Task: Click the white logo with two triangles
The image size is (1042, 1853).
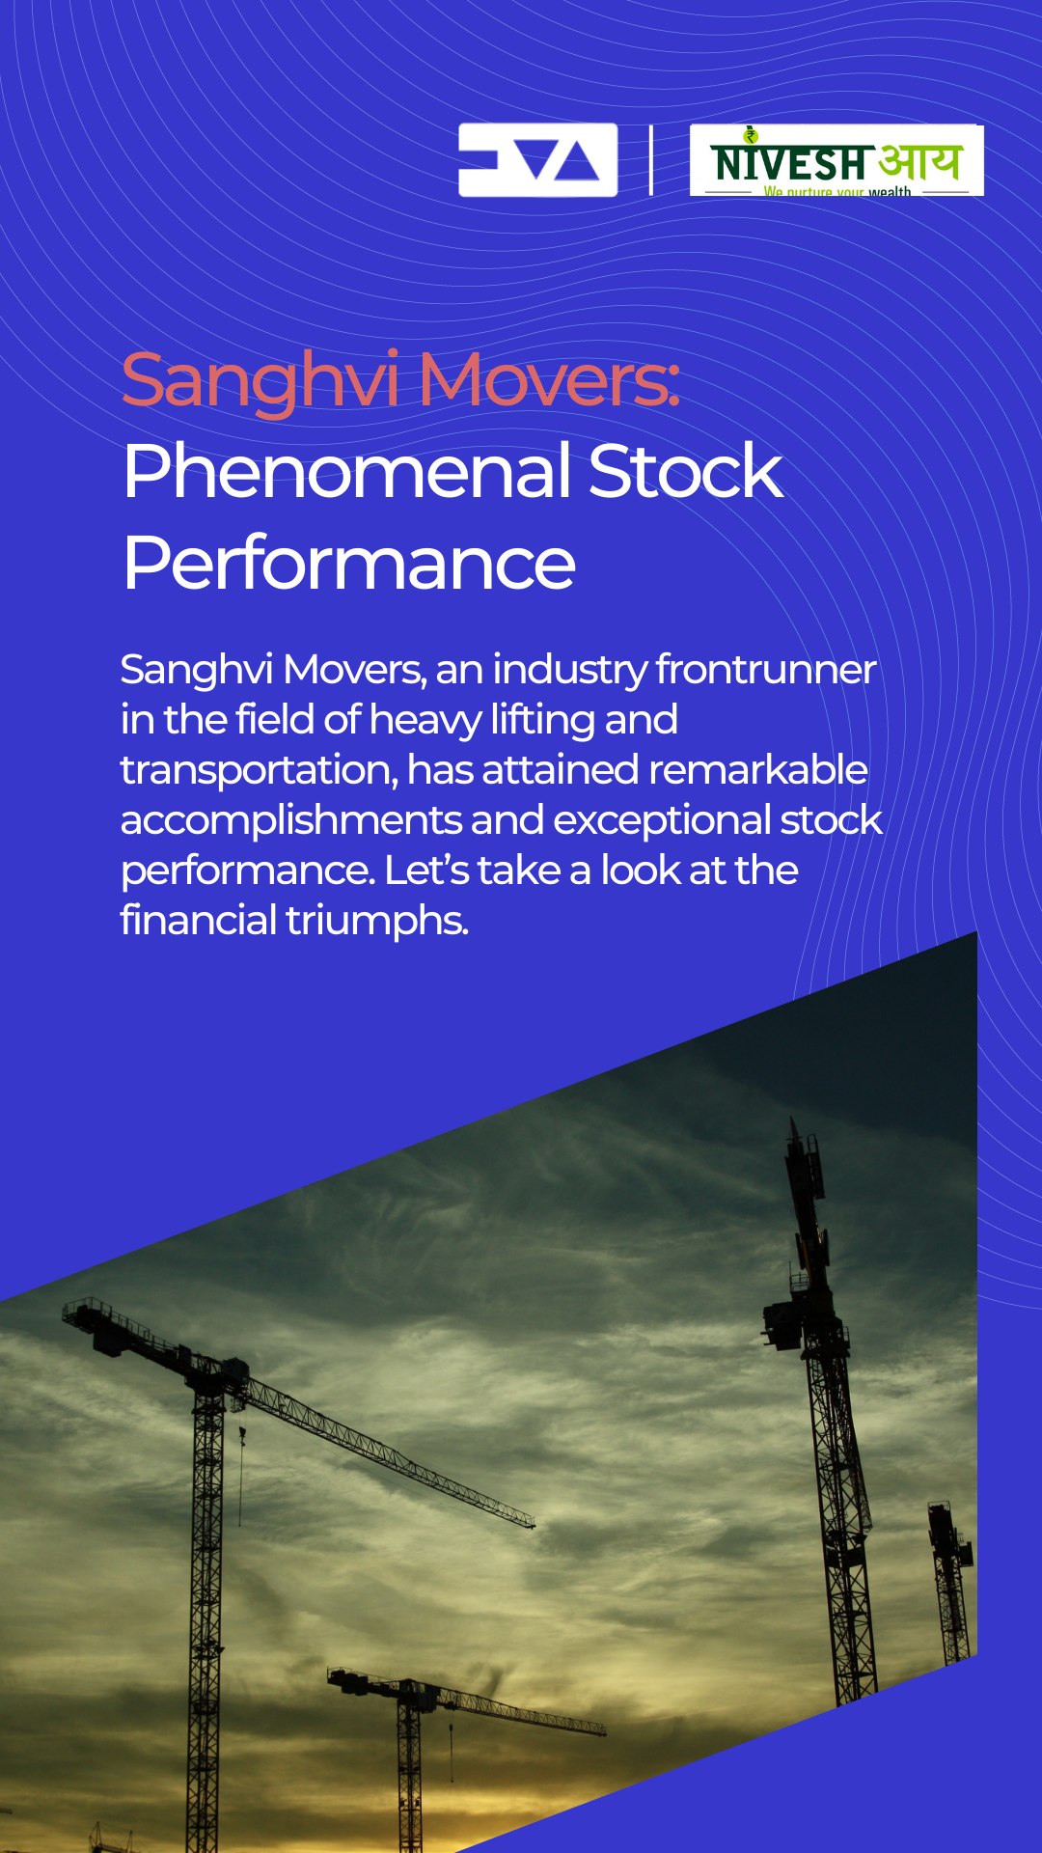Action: pyautogui.click(x=537, y=160)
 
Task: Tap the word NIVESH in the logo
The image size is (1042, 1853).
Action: pyautogui.click(x=789, y=163)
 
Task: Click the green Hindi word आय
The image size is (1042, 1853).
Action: pyautogui.click(x=920, y=161)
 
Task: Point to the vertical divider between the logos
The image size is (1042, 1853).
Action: pyautogui.click(x=651, y=160)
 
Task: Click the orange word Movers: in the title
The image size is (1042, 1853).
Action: pyautogui.click(x=549, y=379)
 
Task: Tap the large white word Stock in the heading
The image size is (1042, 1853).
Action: pyautogui.click(x=685, y=472)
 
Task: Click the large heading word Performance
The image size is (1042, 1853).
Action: pyautogui.click(x=349, y=564)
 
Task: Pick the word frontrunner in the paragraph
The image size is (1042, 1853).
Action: pyautogui.click(x=766, y=669)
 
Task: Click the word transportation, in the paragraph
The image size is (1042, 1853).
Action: pyautogui.click(x=260, y=770)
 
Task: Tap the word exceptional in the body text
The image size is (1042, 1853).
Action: pyautogui.click(x=662, y=820)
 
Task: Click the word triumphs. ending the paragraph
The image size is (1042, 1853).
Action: pyautogui.click(x=377, y=921)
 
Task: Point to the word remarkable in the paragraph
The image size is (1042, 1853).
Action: pyautogui.click(x=758, y=769)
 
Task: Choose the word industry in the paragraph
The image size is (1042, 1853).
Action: pyautogui.click(x=569, y=670)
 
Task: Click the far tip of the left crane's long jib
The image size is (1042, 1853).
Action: pyautogui.click(x=533, y=1525)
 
